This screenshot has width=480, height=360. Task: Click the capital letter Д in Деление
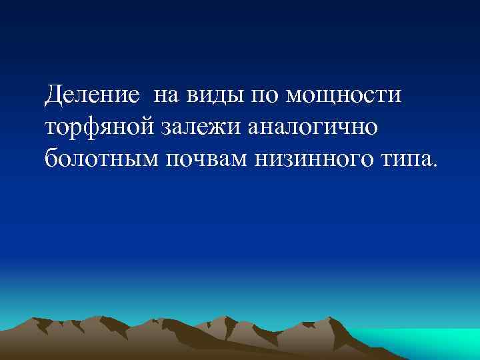[54, 97]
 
